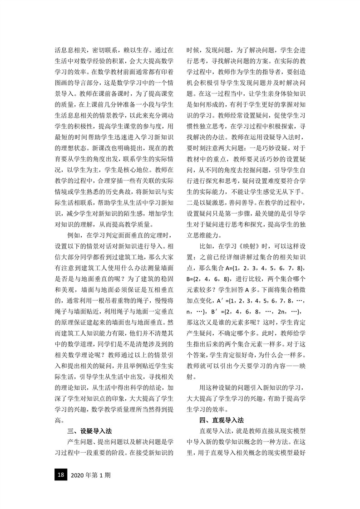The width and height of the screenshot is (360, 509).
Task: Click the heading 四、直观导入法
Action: (x=221, y=420)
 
